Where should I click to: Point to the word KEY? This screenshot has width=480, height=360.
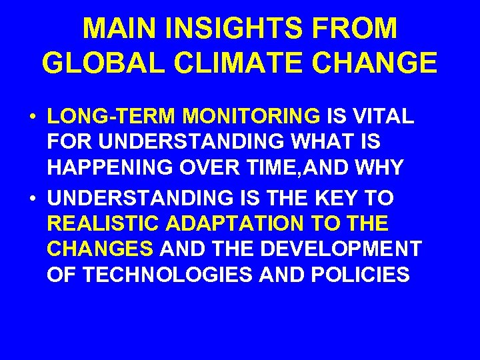(x=343, y=197)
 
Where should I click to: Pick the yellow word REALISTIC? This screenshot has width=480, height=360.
(x=110, y=223)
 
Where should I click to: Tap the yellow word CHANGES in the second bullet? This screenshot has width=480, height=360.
(x=101, y=249)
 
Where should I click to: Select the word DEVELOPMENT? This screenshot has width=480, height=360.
(x=341, y=249)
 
